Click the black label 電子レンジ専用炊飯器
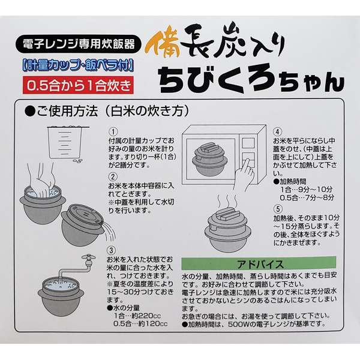click(x=78, y=44)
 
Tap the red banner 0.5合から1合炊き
click(x=78, y=85)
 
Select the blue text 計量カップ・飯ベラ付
click(x=78, y=65)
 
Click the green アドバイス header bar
click(x=259, y=263)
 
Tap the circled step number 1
click(x=113, y=132)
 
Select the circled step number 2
click(x=113, y=176)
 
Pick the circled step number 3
click(x=112, y=250)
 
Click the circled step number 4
click(x=277, y=132)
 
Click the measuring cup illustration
click(x=65, y=142)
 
